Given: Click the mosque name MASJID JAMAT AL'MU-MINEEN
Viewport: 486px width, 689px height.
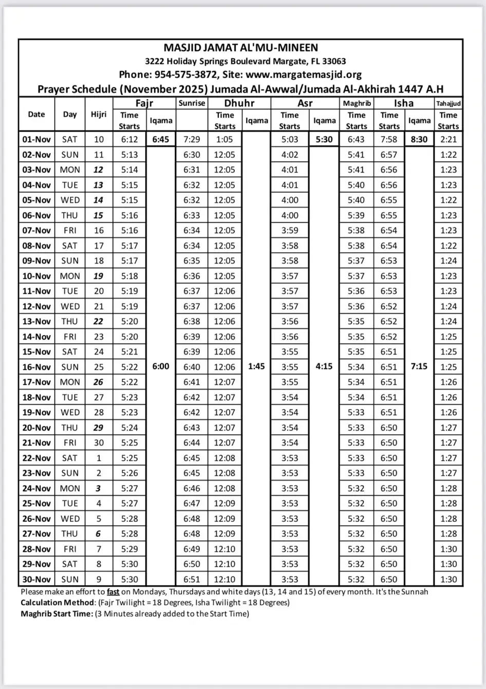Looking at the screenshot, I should (240, 48).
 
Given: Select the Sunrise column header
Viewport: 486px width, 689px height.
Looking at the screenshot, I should (192, 103).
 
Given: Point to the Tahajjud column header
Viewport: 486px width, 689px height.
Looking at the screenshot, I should (448, 103).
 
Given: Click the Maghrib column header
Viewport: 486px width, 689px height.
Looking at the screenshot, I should (357, 103).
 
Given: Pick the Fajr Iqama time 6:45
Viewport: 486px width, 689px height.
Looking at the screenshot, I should (161, 139).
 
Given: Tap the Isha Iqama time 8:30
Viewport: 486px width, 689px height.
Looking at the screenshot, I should (419, 139).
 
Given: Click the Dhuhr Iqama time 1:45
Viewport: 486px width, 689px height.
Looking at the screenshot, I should (256, 367).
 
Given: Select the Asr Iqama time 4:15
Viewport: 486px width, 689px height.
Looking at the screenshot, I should (324, 367).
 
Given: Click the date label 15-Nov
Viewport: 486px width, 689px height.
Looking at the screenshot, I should (36, 352).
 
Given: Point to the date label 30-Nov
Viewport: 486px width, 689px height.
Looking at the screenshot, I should (36, 580).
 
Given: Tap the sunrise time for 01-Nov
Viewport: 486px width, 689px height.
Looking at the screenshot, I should (192, 139).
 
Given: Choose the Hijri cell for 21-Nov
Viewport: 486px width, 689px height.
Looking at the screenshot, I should (99, 443).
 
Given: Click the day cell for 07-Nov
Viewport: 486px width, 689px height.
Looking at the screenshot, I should (70, 231).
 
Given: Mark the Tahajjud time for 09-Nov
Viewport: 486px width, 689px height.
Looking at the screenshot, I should (448, 261).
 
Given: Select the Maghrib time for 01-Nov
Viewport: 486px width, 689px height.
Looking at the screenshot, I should (356, 139).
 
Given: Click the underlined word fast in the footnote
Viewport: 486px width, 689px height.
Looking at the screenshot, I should (113, 592).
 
